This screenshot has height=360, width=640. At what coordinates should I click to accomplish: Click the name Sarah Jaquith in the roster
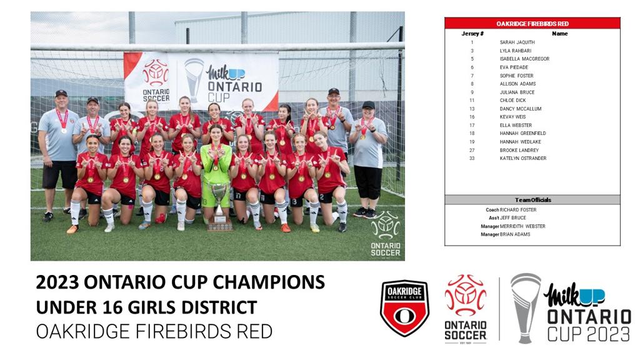[x=517, y=42]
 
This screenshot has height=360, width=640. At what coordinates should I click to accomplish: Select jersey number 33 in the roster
[x=472, y=158]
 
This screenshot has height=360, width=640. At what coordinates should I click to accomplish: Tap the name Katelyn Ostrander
[x=523, y=158]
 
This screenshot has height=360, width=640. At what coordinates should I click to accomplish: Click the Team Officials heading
[x=532, y=200]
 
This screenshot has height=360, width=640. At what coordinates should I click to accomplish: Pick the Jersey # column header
[x=472, y=34]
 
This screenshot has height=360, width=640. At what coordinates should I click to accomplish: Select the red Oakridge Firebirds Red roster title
[x=532, y=24]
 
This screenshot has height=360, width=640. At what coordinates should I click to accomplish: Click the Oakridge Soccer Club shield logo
[x=404, y=308]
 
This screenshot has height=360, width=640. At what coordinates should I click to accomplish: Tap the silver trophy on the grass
[x=219, y=206]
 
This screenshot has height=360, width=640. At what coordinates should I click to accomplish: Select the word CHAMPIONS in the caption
[x=268, y=282]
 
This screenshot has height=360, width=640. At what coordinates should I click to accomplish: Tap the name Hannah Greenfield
[x=522, y=134]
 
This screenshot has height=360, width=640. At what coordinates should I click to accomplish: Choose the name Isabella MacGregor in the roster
[x=524, y=59]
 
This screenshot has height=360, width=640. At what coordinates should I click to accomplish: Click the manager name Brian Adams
[x=515, y=235]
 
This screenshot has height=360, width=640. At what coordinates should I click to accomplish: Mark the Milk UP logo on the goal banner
[x=226, y=72]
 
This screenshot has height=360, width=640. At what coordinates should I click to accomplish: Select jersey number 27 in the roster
[x=472, y=150]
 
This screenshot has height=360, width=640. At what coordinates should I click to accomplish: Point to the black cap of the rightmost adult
[x=367, y=105]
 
